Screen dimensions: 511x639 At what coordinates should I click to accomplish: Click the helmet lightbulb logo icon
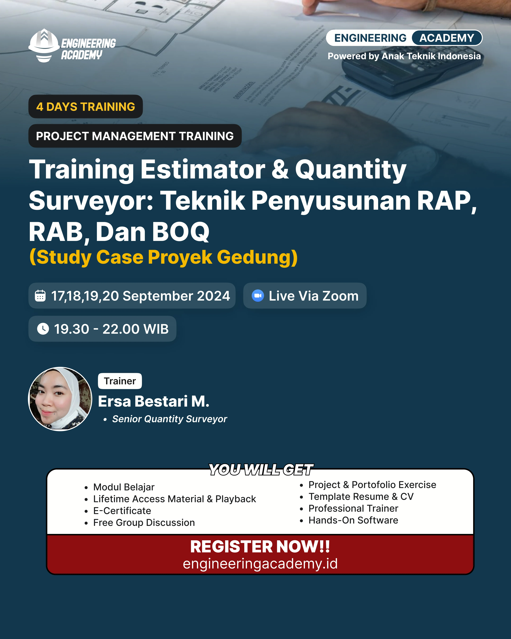44,45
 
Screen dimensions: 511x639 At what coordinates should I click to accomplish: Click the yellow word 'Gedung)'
257,257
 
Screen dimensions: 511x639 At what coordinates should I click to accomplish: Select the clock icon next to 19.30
43,329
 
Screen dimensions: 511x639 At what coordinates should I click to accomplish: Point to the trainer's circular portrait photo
60,399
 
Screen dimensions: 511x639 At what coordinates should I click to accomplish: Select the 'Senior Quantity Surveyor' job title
169,419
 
